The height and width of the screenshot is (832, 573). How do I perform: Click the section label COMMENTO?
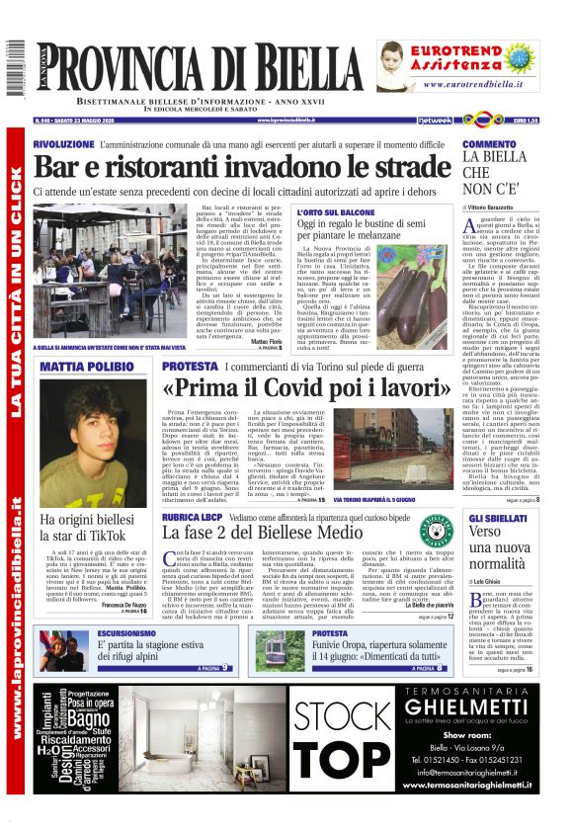(489, 144)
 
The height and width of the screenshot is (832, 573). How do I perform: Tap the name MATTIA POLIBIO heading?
(88, 367)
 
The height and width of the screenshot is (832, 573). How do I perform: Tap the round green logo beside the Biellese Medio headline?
(435, 525)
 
